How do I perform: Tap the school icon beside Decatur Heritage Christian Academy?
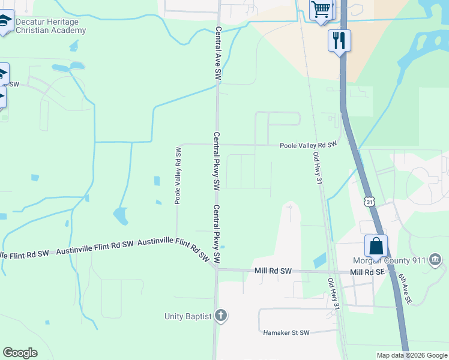pos(5,22)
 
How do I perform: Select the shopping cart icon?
pos(321,10)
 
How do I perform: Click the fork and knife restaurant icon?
pos(339,40)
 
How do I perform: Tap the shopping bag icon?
pos(376,245)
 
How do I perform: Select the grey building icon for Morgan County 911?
pos(436,260)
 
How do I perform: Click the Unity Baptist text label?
pos(188,316)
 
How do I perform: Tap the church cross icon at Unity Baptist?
pos(221,315)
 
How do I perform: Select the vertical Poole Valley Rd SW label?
pos(178,175)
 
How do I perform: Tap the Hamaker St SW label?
pos(286,332)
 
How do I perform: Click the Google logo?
pos(20,353)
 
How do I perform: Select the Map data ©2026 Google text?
pos(411,355)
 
